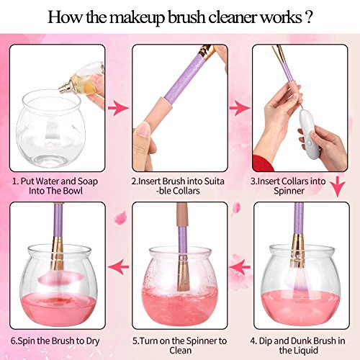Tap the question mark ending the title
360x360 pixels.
pyautogui.click(x=308, y=17)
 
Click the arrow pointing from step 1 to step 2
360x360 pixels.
pyautogui.click(x=118, y=108)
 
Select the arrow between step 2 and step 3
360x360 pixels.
pyautogui.click(x=240, y=108)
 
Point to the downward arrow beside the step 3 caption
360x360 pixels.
pyautogui.click(x=338, y=186)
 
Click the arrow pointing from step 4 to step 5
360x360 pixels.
pyautogui.click(x=240, y=266)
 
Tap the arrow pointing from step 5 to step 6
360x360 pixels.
pyautogui.click(x=118, y=266)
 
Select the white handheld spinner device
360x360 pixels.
pyautogui.click(x=310, y=131)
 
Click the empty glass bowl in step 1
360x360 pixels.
pyautogui.click(x=51, y=128)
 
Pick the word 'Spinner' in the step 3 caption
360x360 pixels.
pyautogui.click(x=289, y=191)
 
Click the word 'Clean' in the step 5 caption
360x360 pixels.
pyautogui.click(x=180, y=351)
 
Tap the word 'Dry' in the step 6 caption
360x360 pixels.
pyautogui.click(x=92, y=341)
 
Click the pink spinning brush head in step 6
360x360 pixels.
pyautogui.click(x=61, y=277)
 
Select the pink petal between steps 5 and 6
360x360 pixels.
pyautogui.click(x=120, y=218)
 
